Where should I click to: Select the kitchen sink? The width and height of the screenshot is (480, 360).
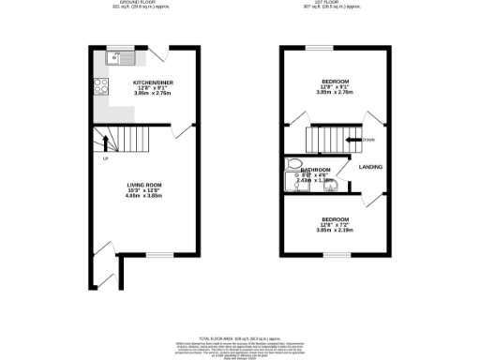tap(122, 58)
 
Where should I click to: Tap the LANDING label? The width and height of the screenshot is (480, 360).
tap(370, 167)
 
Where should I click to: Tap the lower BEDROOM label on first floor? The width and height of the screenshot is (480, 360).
tap(333, 219)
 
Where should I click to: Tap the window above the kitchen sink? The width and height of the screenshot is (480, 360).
tap(122, 46)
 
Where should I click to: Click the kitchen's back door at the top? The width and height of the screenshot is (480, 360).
tap(162, 52)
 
